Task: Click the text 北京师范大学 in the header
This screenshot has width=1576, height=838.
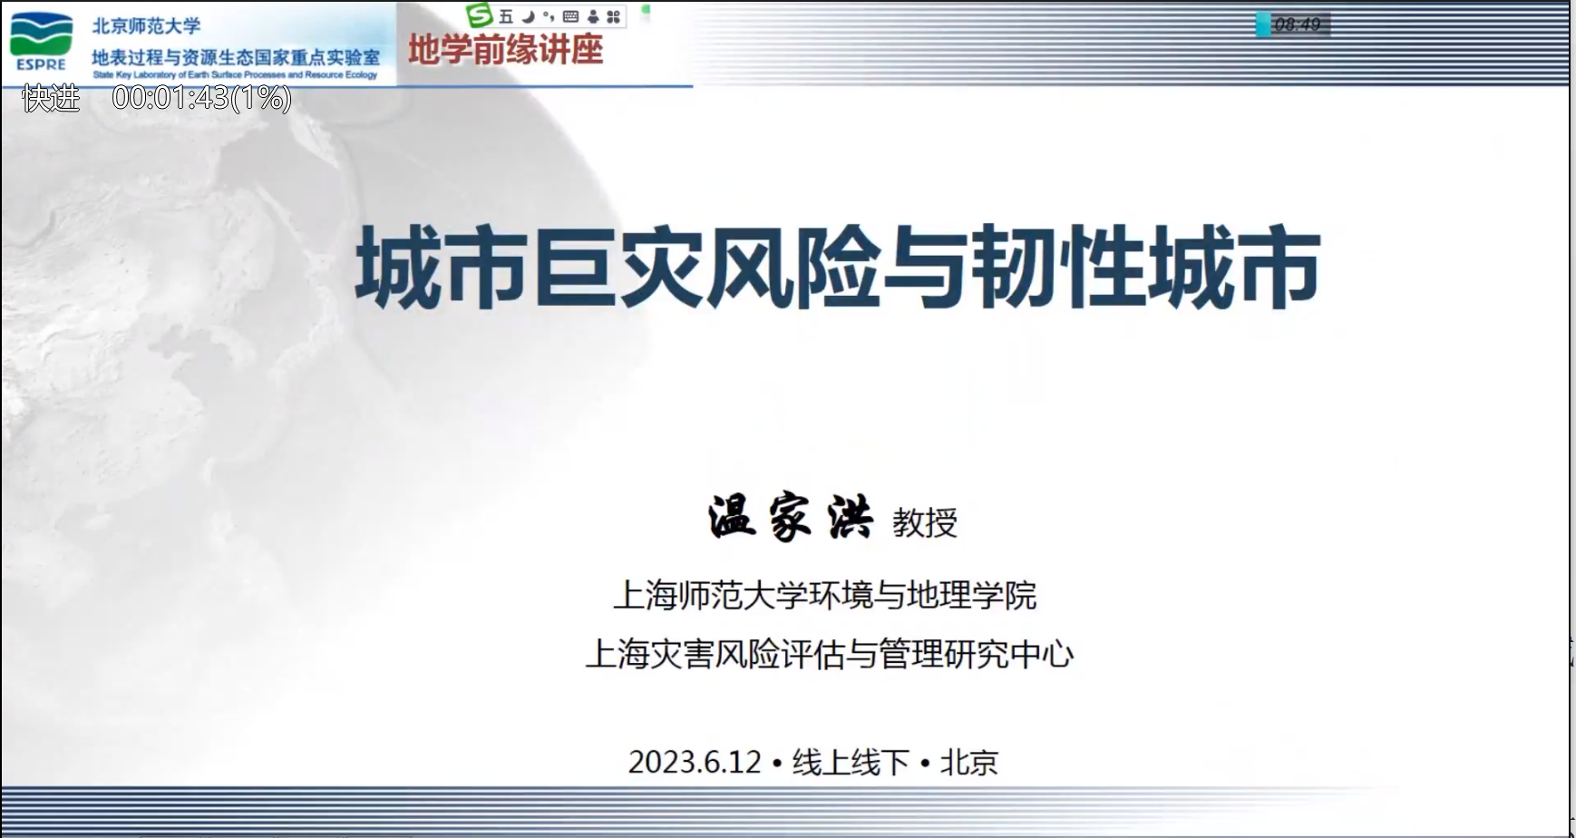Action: (146, 25)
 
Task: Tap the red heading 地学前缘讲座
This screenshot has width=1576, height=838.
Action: (505, 50)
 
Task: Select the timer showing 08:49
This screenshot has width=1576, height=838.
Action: (1297, 24)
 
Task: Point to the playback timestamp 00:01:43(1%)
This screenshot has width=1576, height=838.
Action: (201, 97)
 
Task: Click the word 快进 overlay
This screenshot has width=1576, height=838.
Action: (51, 97)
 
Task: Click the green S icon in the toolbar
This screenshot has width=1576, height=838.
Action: (479, 15)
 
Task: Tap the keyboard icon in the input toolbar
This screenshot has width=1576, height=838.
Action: (570, 16)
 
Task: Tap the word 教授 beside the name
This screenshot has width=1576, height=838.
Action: (925, 523)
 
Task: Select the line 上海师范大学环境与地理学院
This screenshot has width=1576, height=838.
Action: (825, 595)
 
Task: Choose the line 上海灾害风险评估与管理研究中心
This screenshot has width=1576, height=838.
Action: (830, 654)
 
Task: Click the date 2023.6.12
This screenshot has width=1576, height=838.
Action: (695, 762)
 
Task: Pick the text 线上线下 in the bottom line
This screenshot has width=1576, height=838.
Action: (851, 762)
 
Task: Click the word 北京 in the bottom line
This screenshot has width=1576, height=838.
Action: (969, 762)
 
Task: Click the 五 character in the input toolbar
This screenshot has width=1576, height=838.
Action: (506, 16)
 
